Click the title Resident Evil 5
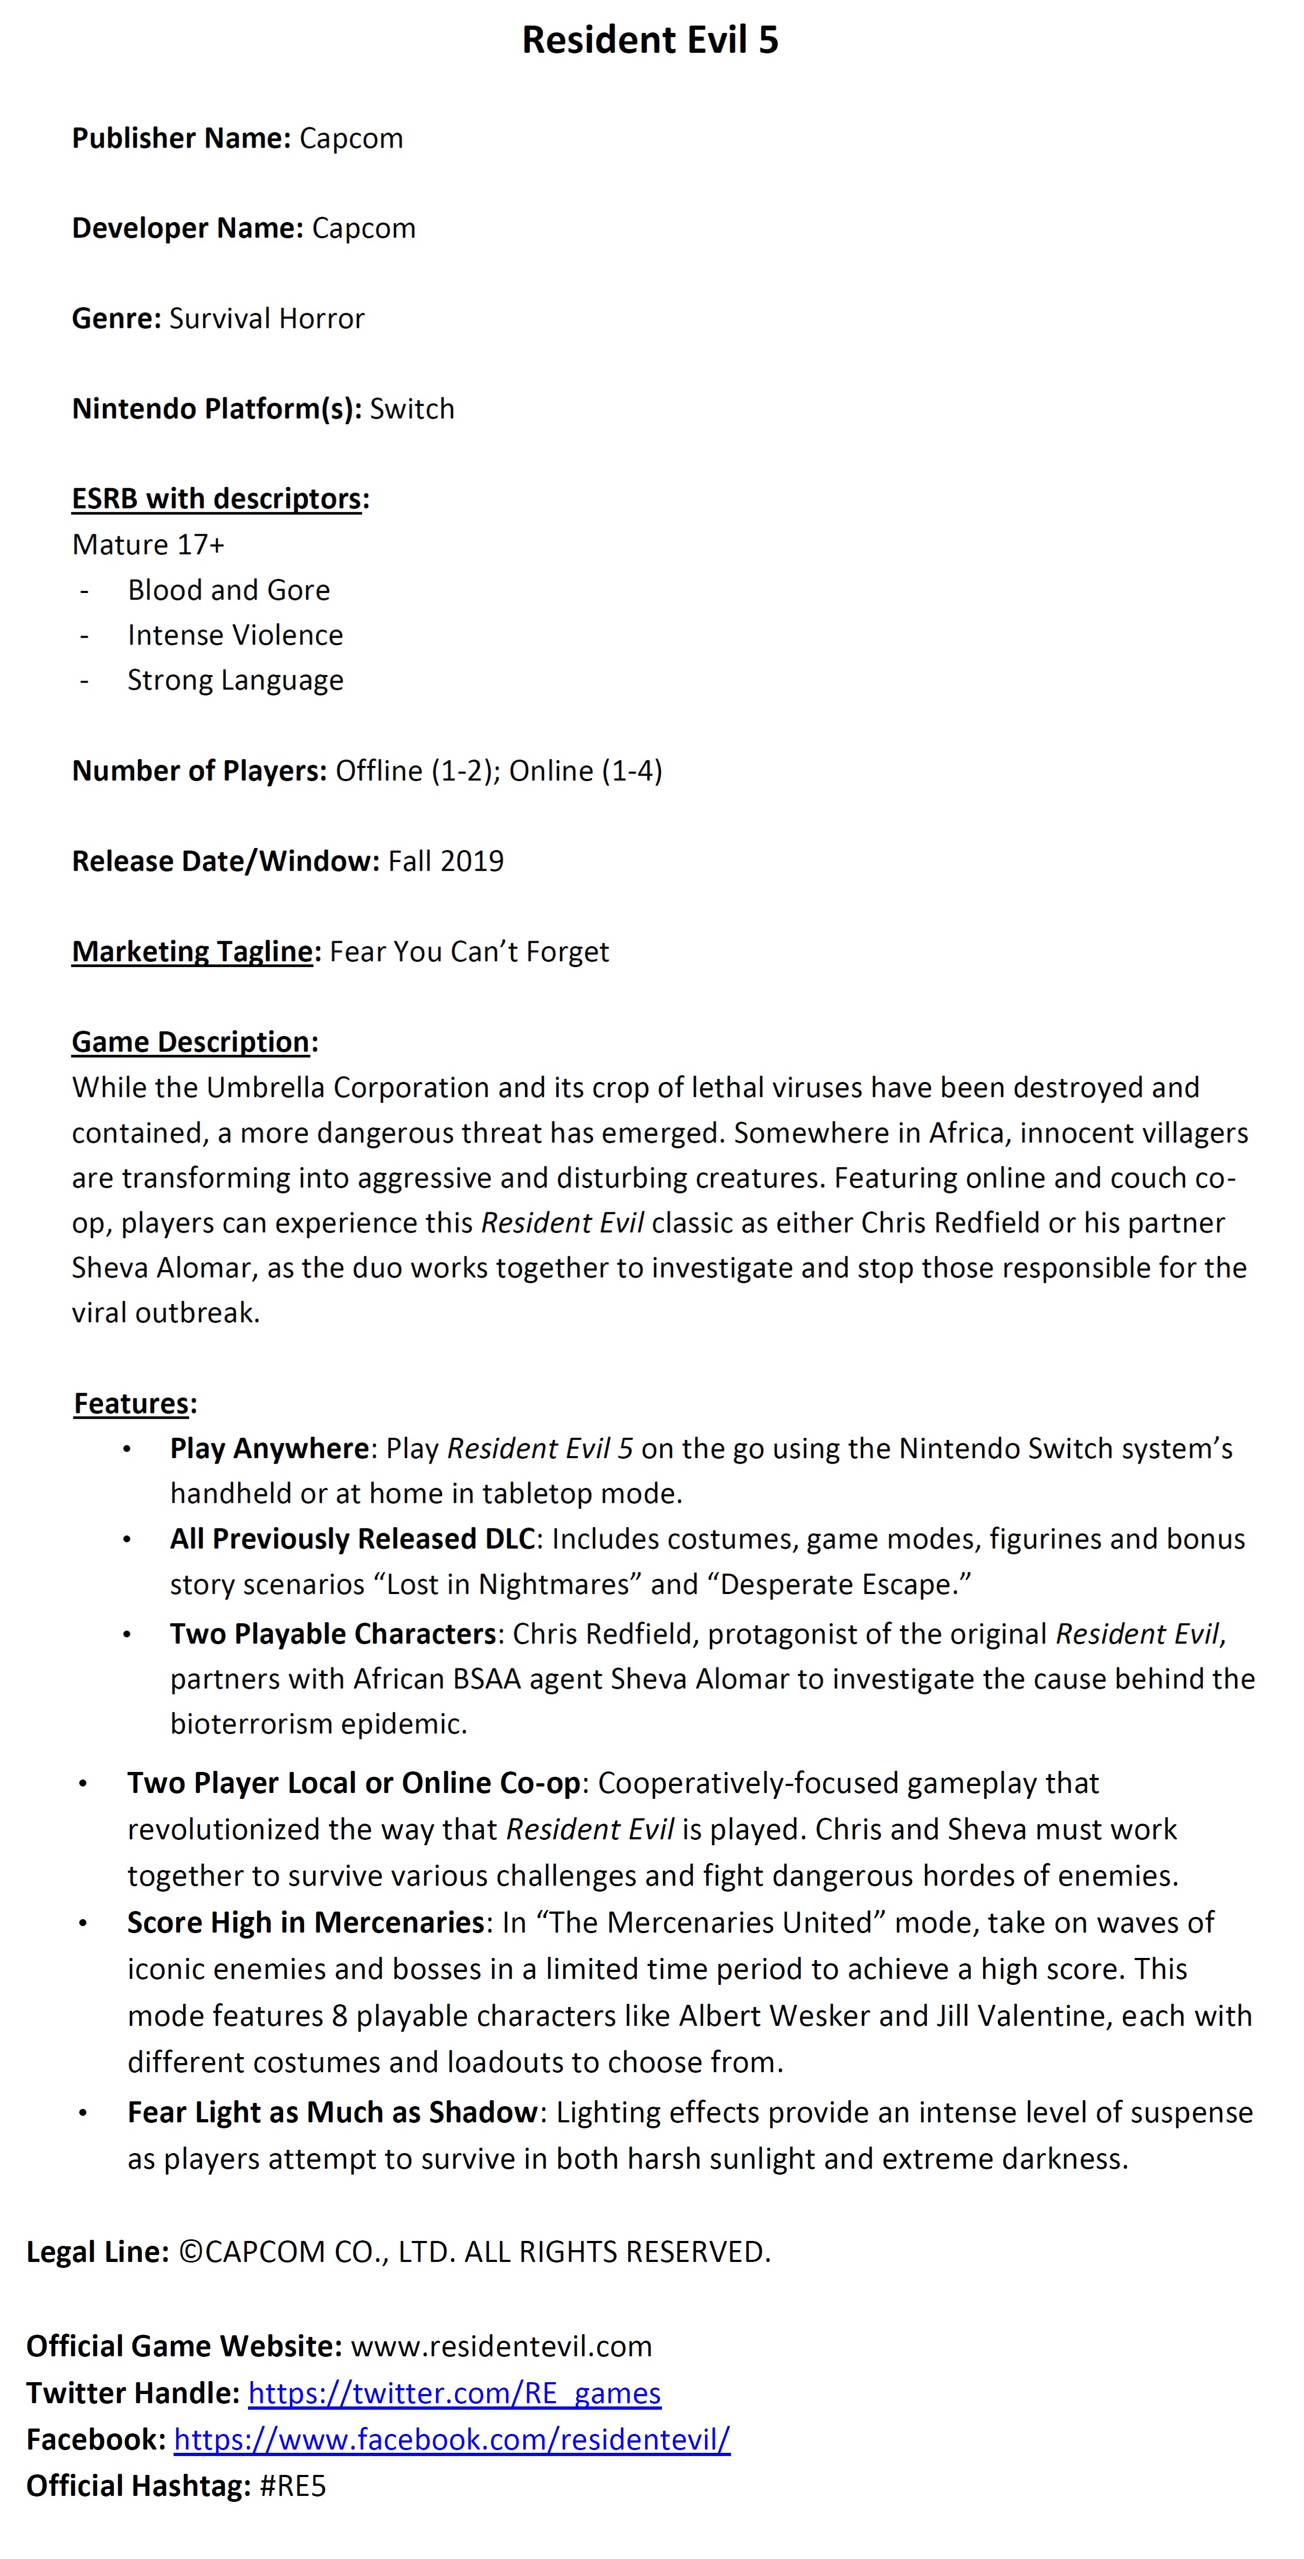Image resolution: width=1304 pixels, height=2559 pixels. [x=651, y=40]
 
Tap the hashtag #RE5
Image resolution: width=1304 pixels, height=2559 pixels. [x=292, y=2486]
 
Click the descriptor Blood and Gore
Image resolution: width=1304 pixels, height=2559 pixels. [x=229, y=590]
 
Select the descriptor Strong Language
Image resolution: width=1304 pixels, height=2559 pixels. [x=236, y=680]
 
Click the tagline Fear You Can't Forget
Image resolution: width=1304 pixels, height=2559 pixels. [x=469, y=951]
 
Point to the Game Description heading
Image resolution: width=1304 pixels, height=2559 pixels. [x=191, y=1042]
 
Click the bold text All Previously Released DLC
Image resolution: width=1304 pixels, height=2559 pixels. [x=353, y=1539]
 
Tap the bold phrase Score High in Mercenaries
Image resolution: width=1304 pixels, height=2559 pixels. [x=305, y=1922]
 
